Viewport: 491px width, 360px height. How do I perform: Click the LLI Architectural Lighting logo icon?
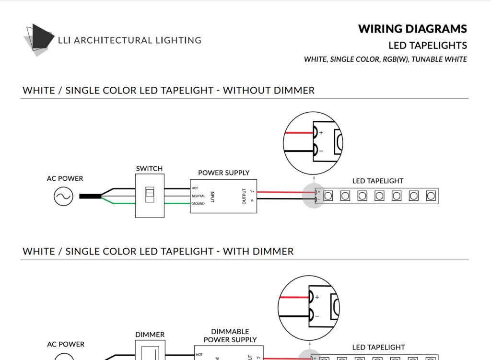point(39,39)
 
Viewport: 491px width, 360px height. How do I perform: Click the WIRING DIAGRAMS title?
point(412,29)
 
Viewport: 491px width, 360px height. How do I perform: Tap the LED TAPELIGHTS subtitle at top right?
point(427,46)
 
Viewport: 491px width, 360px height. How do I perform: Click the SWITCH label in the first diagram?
point(149,169)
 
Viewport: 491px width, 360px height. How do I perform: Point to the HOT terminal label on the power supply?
point(195,188)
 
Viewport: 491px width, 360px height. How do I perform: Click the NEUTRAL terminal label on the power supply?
point(199,196)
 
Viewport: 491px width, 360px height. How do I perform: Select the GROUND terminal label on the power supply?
point(198,204)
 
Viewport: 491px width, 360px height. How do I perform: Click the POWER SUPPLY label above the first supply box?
point(223,173)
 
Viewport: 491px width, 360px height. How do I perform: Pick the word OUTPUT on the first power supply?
point(244,196)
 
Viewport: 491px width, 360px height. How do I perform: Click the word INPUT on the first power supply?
point(212,196)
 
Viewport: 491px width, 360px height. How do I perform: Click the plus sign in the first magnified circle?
point(321,132)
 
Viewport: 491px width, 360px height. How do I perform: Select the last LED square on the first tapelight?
point(431,196)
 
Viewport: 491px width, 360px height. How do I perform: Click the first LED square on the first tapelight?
point(328,196)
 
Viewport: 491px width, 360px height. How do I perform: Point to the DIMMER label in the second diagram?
point(150,335)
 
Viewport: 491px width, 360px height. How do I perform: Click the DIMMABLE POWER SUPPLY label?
point(230,336)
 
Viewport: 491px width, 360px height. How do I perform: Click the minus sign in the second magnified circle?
point(316,316)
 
